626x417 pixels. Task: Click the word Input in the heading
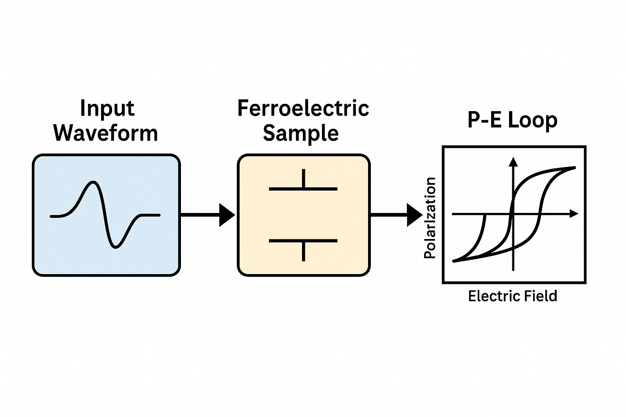click(x=107, y=109)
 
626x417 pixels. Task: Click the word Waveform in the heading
click(x=106, y=133)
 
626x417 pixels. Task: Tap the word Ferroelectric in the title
click(x=303, y=109)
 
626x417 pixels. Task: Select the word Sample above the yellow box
click(x=301, y=133)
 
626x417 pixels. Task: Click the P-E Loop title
click(x=512, y=120)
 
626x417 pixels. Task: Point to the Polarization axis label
click(x=430, y=218)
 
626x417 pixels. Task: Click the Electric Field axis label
click(x=512, y=296)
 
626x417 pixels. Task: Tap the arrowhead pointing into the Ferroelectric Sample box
click(x=227, y=215)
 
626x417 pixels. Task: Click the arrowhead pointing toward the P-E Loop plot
click(x=414, y=215)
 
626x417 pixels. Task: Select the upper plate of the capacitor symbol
click(x=303, y=189)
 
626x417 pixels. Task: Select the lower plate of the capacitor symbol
click(x=303, y=241)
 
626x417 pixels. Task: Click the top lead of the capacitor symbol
click(x=303, y=178)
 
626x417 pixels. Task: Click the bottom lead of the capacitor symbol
click(x=303, y=251)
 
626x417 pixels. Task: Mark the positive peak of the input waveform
click(x=94, y=182)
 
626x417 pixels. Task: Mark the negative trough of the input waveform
click(x=116, y=247)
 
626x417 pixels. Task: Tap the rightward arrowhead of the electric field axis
click(x=574, y=213)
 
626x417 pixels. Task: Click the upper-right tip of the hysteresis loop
click(x=574, y=167)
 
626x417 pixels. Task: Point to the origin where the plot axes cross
click(x=513, y=213)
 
